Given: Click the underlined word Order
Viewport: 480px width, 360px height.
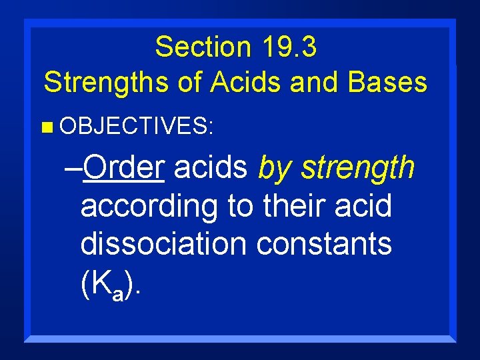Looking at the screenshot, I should [x=125, y=169].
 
